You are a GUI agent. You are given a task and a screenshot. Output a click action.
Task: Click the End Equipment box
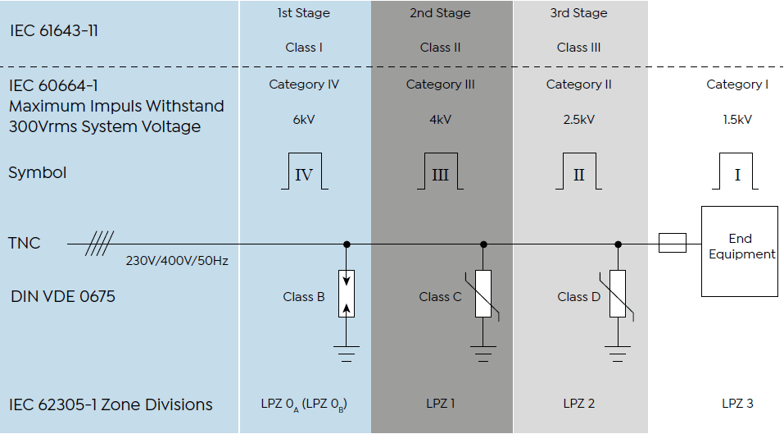740,250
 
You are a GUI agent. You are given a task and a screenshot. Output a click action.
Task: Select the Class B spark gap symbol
347,293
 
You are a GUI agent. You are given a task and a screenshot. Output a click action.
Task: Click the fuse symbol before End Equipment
672,244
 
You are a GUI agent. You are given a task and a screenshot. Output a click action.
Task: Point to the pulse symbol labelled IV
303,172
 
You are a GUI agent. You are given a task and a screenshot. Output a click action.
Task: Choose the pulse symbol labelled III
440,172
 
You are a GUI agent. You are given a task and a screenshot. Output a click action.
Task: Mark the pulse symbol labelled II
578,172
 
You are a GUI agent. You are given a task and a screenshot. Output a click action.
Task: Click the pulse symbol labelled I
736,172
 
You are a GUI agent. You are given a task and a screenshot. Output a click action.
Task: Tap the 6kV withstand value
303,120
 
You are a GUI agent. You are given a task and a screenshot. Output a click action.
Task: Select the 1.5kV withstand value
737,120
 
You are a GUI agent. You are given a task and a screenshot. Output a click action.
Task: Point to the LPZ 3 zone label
737,404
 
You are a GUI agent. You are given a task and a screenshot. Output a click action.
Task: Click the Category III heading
440,85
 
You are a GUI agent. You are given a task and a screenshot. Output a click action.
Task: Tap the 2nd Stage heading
440,13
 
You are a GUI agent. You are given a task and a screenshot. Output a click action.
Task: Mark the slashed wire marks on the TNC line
99,244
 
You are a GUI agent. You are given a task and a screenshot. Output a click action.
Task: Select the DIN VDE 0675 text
61,296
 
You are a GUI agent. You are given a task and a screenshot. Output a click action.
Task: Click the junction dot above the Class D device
618,244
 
